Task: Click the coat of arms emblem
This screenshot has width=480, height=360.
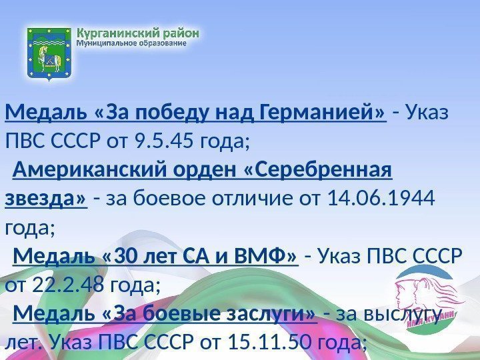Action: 48,53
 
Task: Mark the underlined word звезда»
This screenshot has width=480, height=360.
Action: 46,199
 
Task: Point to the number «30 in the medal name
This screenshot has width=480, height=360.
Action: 131,257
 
